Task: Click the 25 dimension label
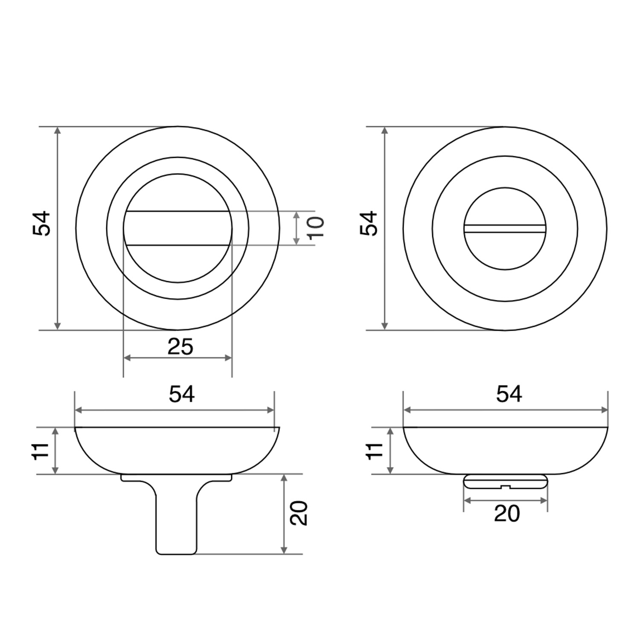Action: [x=180, y=347]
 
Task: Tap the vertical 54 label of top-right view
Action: [x=369, y=223]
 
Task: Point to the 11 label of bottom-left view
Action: [x=41, y=451]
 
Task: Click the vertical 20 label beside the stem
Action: [x=299, y=513]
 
